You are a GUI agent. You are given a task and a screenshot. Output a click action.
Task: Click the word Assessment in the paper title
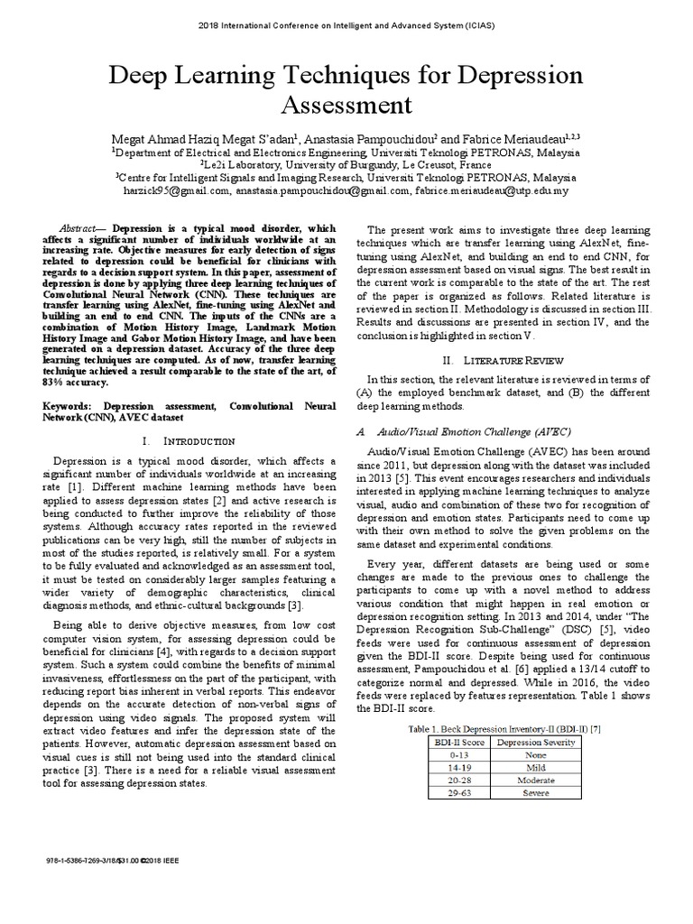coord(346,106)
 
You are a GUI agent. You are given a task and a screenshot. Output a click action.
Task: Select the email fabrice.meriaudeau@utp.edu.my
coord(493,191)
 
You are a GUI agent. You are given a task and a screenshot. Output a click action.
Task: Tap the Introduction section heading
coord(177,440)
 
